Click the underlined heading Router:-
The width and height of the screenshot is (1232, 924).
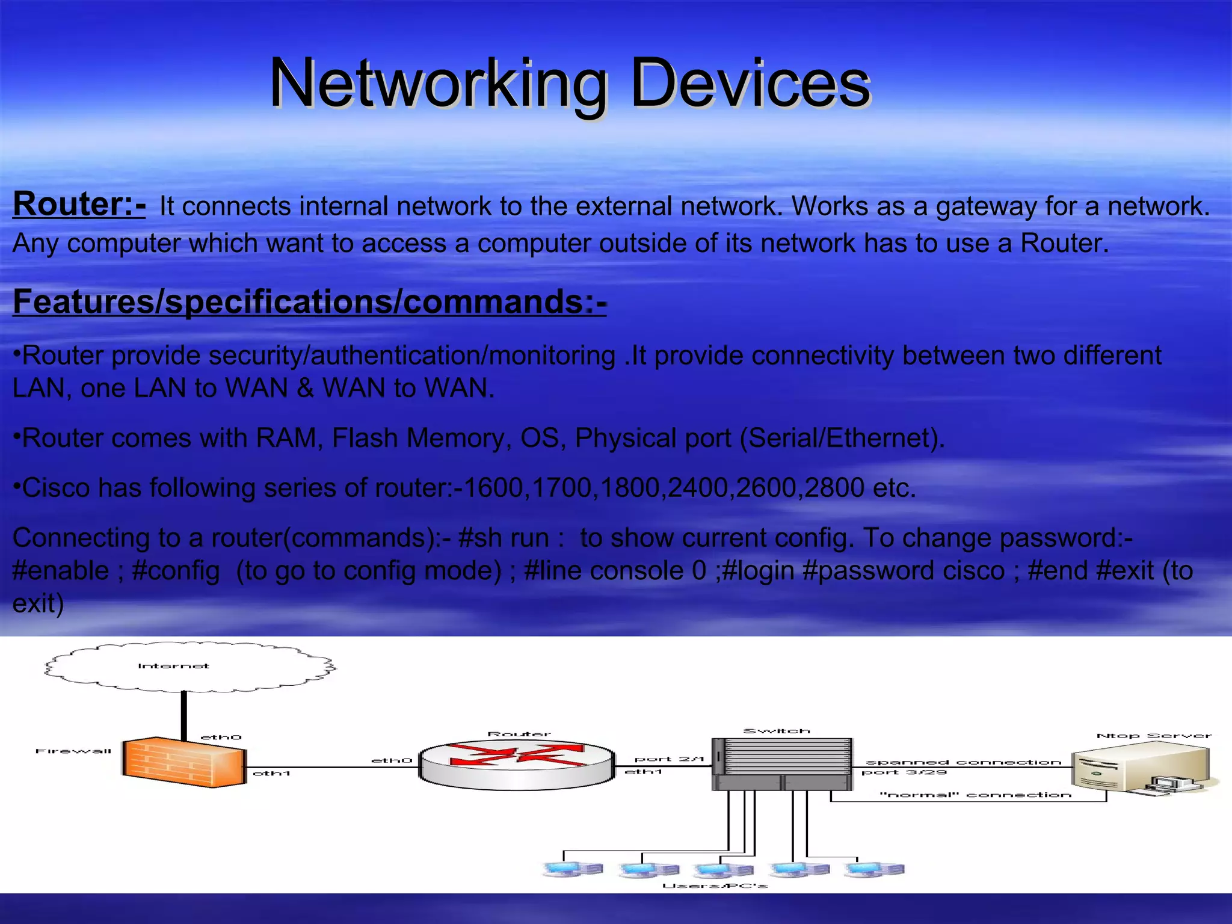click(x=79, y=204)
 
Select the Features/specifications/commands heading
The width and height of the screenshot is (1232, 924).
click(x=309, y=301)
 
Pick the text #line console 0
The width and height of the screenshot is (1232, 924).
click(x=615, y=570)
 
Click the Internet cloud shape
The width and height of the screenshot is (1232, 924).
click(x=189, y=667)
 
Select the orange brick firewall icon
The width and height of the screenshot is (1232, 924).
click(x=183, y=762)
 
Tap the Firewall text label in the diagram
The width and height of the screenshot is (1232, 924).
click(x=73, y=751)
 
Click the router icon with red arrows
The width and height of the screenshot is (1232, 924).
click(x=517, y=765)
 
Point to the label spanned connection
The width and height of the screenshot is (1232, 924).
click(x=963, y=762)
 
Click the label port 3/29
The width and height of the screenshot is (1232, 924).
click(x=904, y=772)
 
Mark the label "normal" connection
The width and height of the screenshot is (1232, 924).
click(x=975, y=795)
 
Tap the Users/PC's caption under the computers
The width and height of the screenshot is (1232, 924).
click(x=715, y=885)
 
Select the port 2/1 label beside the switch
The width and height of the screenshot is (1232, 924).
click(x=669, y=759)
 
